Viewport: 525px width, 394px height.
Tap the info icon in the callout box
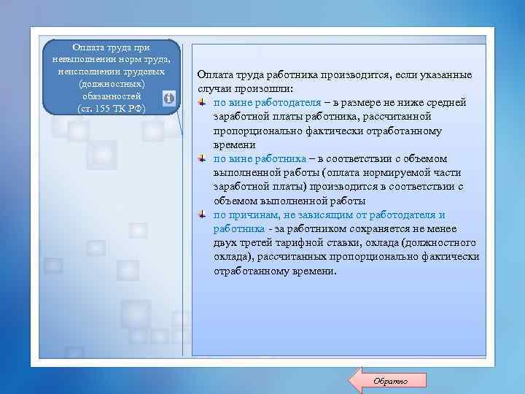tap(168, 98)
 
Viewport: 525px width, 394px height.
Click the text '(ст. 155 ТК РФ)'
tap(111, 109)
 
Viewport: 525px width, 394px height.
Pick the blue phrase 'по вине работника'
tap(259, 158)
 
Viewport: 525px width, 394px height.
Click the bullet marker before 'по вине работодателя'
tap(202, 102)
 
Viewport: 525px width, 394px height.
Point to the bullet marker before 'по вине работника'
tap(202, 158)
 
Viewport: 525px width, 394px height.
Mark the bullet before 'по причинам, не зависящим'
tap(202, 215)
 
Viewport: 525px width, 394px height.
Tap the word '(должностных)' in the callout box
tap(111, 85)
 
